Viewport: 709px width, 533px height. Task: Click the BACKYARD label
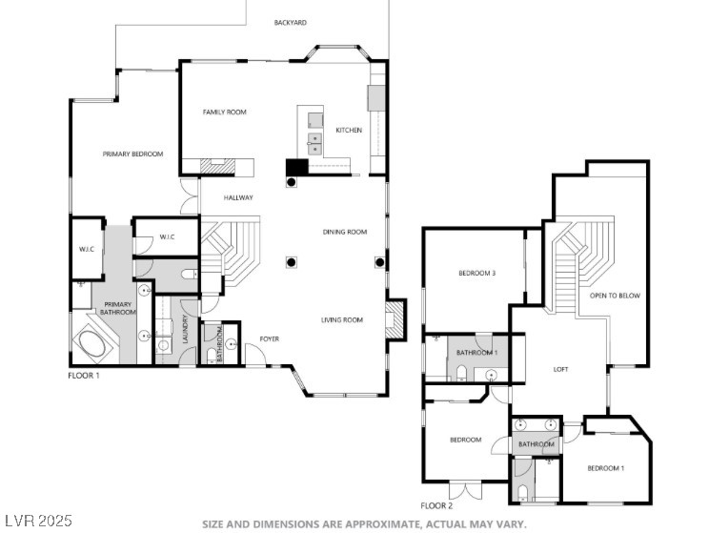click(291, 22)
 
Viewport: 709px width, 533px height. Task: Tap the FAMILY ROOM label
click(224, 112)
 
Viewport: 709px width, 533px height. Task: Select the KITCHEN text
click(349, 130)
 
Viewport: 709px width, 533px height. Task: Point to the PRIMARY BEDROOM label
click(132, 154)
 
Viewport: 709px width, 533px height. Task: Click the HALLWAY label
click(238, 197)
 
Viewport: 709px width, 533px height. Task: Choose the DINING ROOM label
click(345, 232)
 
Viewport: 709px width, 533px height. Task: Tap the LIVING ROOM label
click(342, 319)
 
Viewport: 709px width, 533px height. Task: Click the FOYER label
click(269, 338)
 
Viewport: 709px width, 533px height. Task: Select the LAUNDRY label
click(185, 329)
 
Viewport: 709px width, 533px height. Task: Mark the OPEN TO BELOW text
click(615, 296)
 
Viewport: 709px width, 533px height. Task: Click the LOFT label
click(560, 369)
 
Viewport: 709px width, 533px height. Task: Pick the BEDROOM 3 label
click(477, 273)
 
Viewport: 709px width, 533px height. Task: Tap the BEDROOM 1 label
click(606, 468)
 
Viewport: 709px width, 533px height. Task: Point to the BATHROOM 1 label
click(476, 352)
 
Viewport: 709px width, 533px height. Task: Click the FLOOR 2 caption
click(436, 506)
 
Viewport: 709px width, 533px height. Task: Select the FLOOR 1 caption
click(84, 375)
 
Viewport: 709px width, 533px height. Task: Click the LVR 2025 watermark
click(38, 521)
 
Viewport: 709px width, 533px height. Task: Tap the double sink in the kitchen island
click(315, 144)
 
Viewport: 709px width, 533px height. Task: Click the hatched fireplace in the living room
click(390, 319)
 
